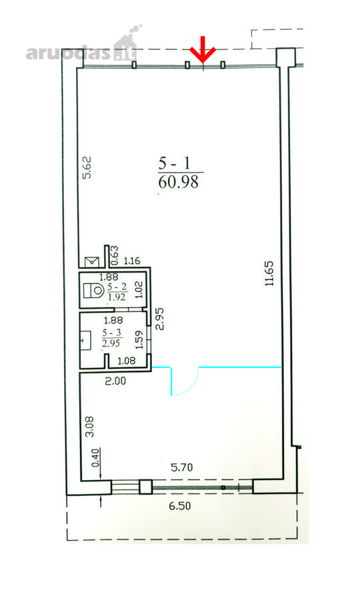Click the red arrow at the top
(x=203, y=50)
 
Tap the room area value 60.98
(x=178, y=182)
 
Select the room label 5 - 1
(x=175, y=164)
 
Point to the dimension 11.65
(x=270, y=273)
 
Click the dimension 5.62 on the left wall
(x=87, y=167)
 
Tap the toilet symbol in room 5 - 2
(x=94, y=290)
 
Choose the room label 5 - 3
(x=111, y=333)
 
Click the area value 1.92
(x=117, y=297)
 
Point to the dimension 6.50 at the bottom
(x=180, y=506)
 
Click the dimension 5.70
(x=182, y=467)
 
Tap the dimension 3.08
(x=89, y=427)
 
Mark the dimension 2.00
(x=115, y=381)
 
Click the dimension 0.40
(x=95, y=457)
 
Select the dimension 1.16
(x=133, y=261)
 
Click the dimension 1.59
(x=139, y=339)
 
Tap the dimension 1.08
(x=126, y=361)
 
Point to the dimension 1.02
(x=139, y=290)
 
